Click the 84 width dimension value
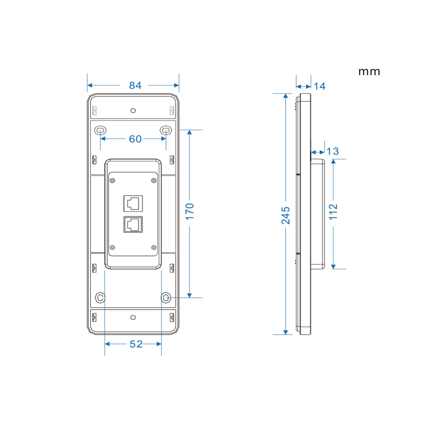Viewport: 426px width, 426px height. pyautogui.click(x=135, y=86)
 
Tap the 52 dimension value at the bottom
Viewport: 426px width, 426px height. pyautogui.click(x=136, y=344)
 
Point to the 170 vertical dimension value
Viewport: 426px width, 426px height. pyautogui.click(x=190, y=211)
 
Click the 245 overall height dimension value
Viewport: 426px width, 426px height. pyautogui.click(x=286, y=215)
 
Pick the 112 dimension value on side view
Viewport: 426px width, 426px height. pyautogui.click(x=333, y=211)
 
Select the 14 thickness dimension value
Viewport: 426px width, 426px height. pyautogui.click(x=320, y=86)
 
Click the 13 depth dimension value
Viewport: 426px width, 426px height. pyautogui.click(x=332, y=151)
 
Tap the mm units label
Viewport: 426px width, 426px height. pyautogui.click(x=369, y=72)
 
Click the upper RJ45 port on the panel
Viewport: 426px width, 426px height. pyautogui.click(x=133, y=203)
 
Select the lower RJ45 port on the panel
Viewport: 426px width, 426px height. pyautogui.click(x=133, y=224)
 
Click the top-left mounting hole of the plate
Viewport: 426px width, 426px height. pyautogui.click(x=101, y=130)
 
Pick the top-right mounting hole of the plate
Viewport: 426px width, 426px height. pyautogui.click(x=165, y=130)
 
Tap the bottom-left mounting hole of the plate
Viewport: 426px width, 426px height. pyautogui.click(x=101, y=297)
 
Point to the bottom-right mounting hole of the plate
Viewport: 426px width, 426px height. pyautogui.click(x=166, y=297)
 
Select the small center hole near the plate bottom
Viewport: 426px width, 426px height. pyautogui.click(x=133, y=317)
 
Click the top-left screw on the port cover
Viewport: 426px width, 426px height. pyautogui.click(x=112, y=180)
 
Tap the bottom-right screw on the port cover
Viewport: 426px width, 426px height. pyautogui.click(x=153, y=248)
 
